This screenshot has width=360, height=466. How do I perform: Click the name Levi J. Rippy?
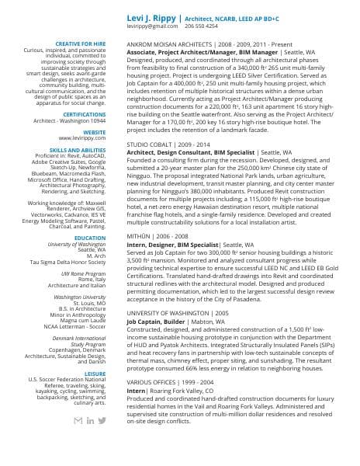pos(151,16)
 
